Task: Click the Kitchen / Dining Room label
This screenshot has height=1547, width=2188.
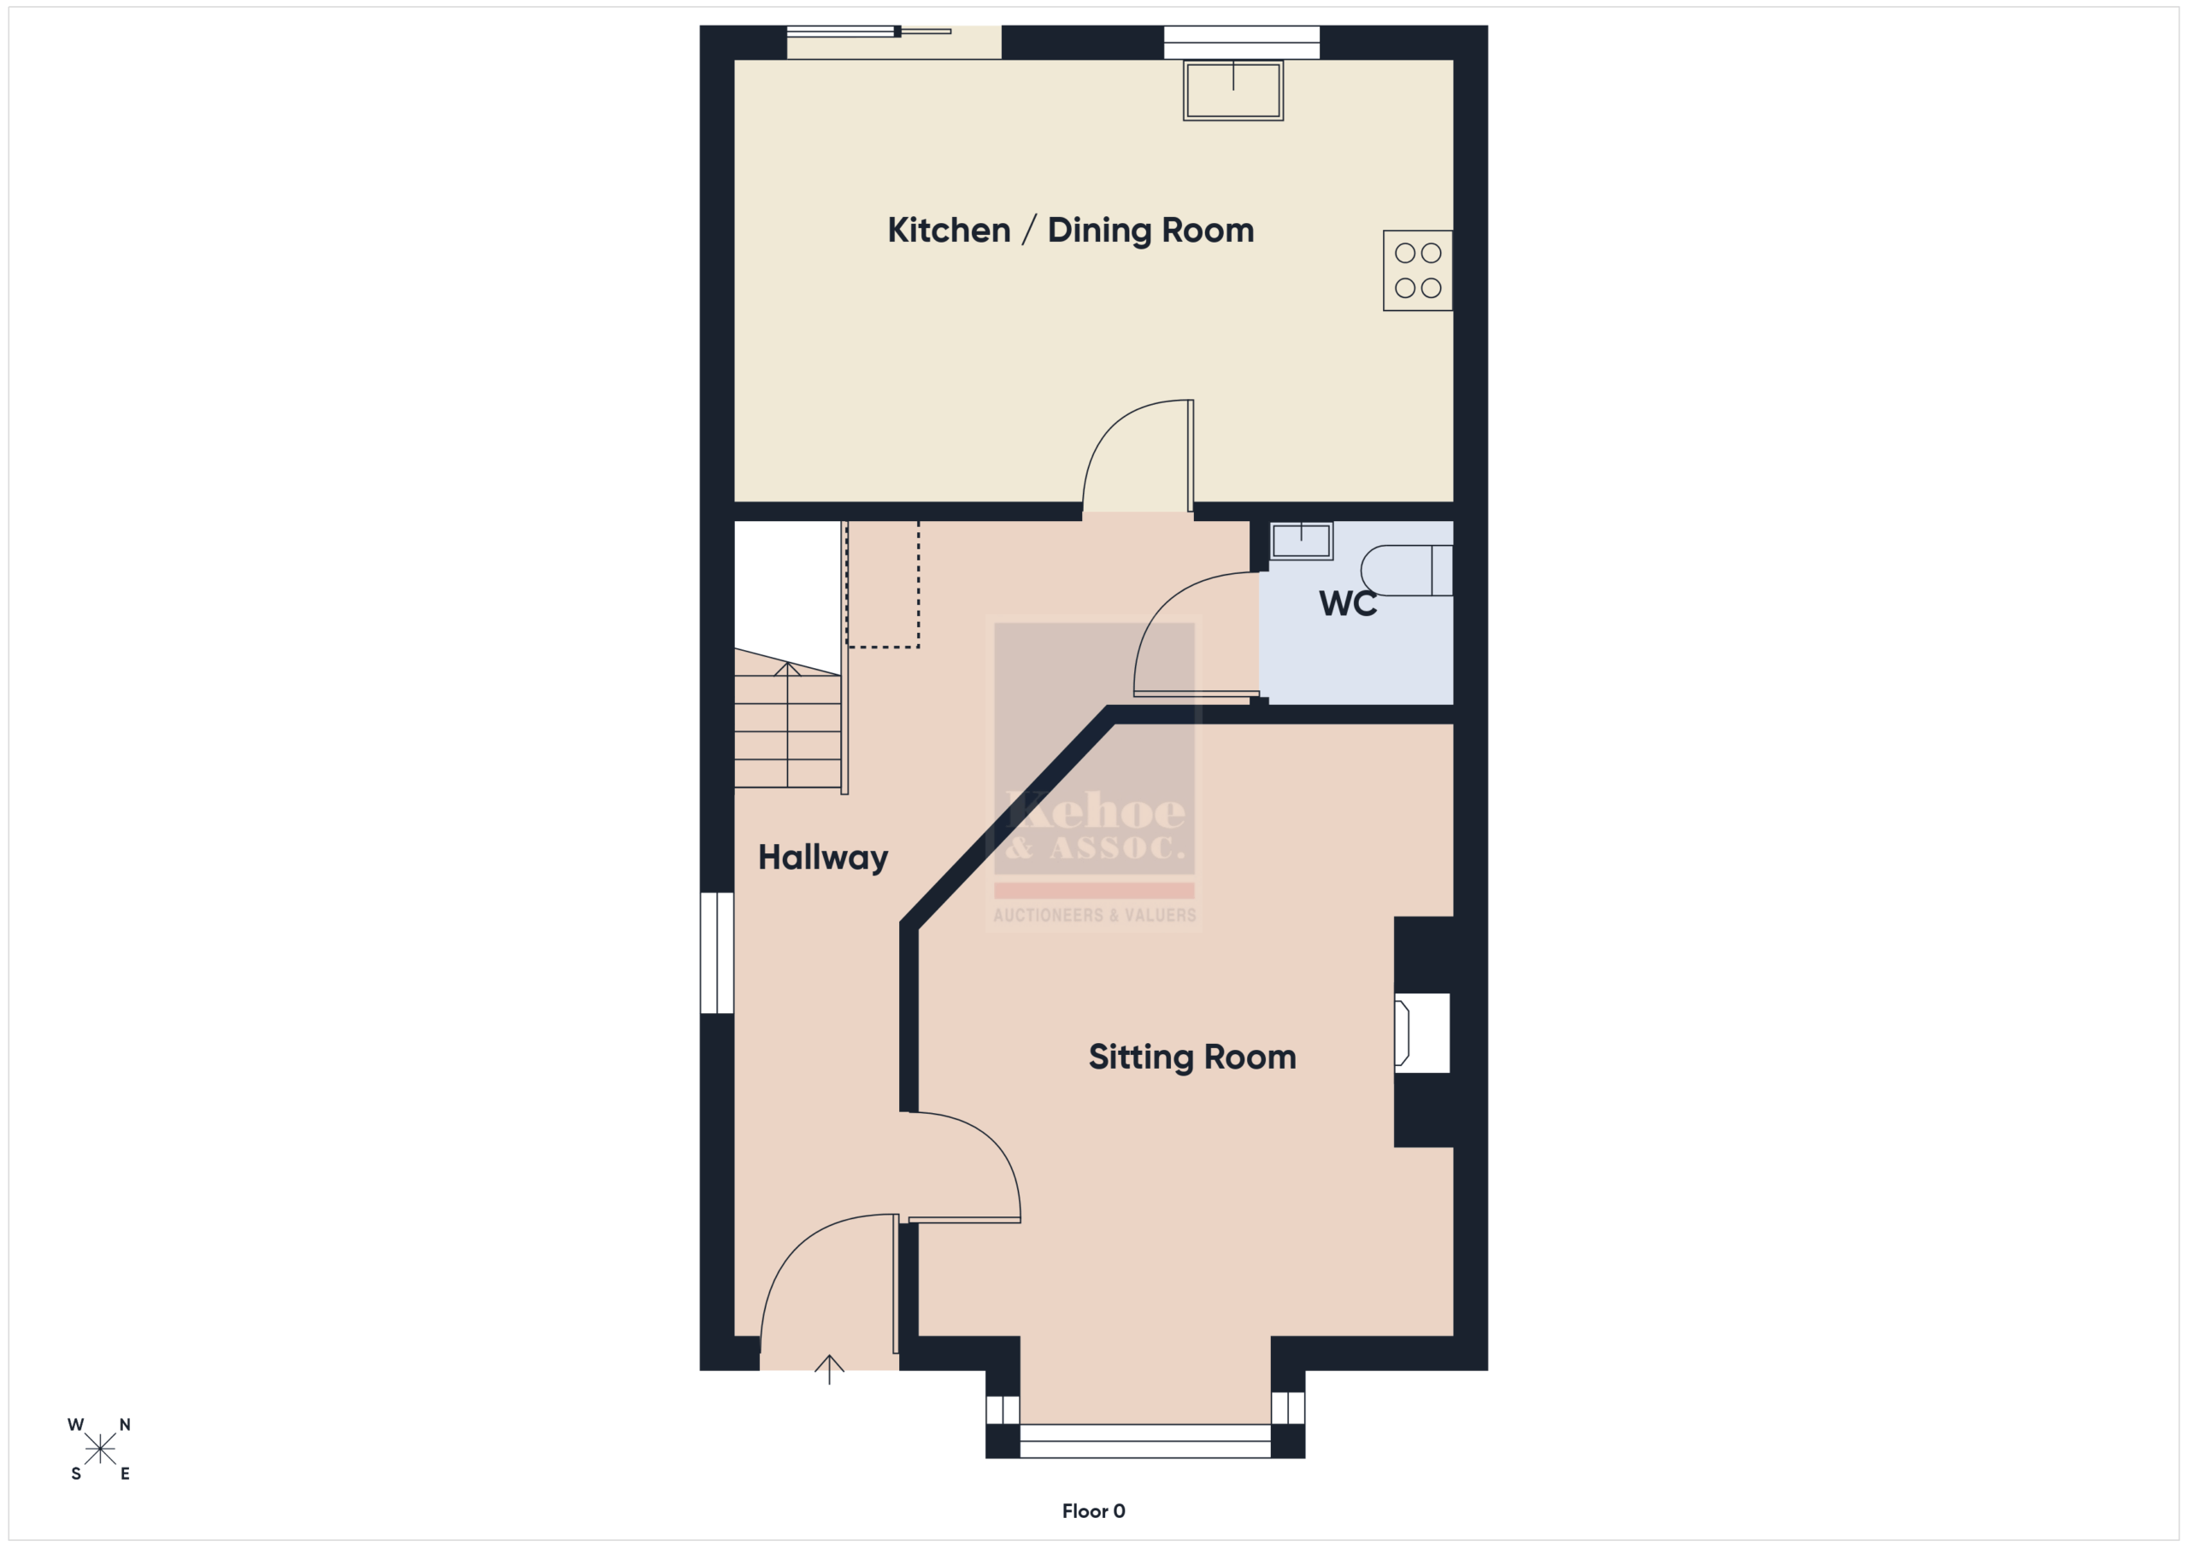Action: click(x=1070, y=231)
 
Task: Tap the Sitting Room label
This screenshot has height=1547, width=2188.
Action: click(x=1192, y=1058)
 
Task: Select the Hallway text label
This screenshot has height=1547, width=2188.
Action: click(x=822, y=858)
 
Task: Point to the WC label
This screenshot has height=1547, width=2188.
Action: click(x=1348, y=604)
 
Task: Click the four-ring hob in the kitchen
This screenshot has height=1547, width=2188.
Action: click(x=1418, y=271)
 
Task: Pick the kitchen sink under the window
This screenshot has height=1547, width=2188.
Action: click(x=1233, y=91)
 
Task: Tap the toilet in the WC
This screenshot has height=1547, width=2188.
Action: click(x=1407, y=571)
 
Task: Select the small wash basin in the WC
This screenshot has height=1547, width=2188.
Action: click(x=1301, y=541)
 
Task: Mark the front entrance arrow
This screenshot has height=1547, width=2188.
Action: click(x=829, y=1368)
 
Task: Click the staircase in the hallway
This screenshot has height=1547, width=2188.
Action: click(x=788, y=719)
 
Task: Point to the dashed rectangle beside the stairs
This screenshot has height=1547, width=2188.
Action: click(x=882, y=584)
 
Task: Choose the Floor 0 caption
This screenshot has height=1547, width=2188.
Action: click(x=1093, y=1511)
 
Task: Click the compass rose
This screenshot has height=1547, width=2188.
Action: click(x=100, y=1449)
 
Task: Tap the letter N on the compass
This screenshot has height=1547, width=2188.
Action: click(x=125, y=1425)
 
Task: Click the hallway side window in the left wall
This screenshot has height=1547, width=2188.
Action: click(x=716, y=952)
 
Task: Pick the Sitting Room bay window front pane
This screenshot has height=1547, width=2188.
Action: click(x=1145, y=1440)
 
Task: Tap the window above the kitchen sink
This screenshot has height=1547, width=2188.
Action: click(x=1242, y=42)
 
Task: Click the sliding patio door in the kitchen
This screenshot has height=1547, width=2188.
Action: click(x=894, y=42)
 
